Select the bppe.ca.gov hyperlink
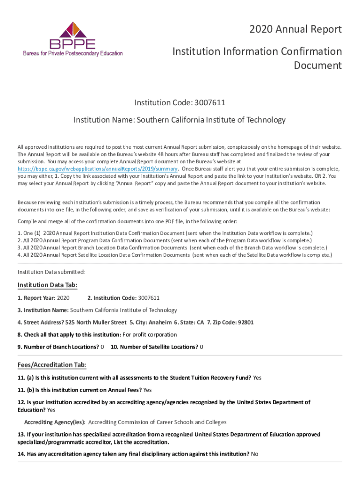coord(97,168)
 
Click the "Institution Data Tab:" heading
coord(47,285)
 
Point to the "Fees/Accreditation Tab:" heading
coord(52,365)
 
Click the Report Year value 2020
coord(63,298)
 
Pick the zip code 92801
coord(246,322)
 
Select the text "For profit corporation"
coord(150,334)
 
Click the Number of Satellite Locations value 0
coord(202,347)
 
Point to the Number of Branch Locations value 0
coord(102,347)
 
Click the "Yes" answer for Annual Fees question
coord(147,390)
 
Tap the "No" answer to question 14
coord(254,454)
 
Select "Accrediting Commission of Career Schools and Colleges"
coord(157,422)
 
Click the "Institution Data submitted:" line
coord(51,272)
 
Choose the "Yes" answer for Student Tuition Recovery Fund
coord(257,377)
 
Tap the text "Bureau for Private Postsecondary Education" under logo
coord(73,53)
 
